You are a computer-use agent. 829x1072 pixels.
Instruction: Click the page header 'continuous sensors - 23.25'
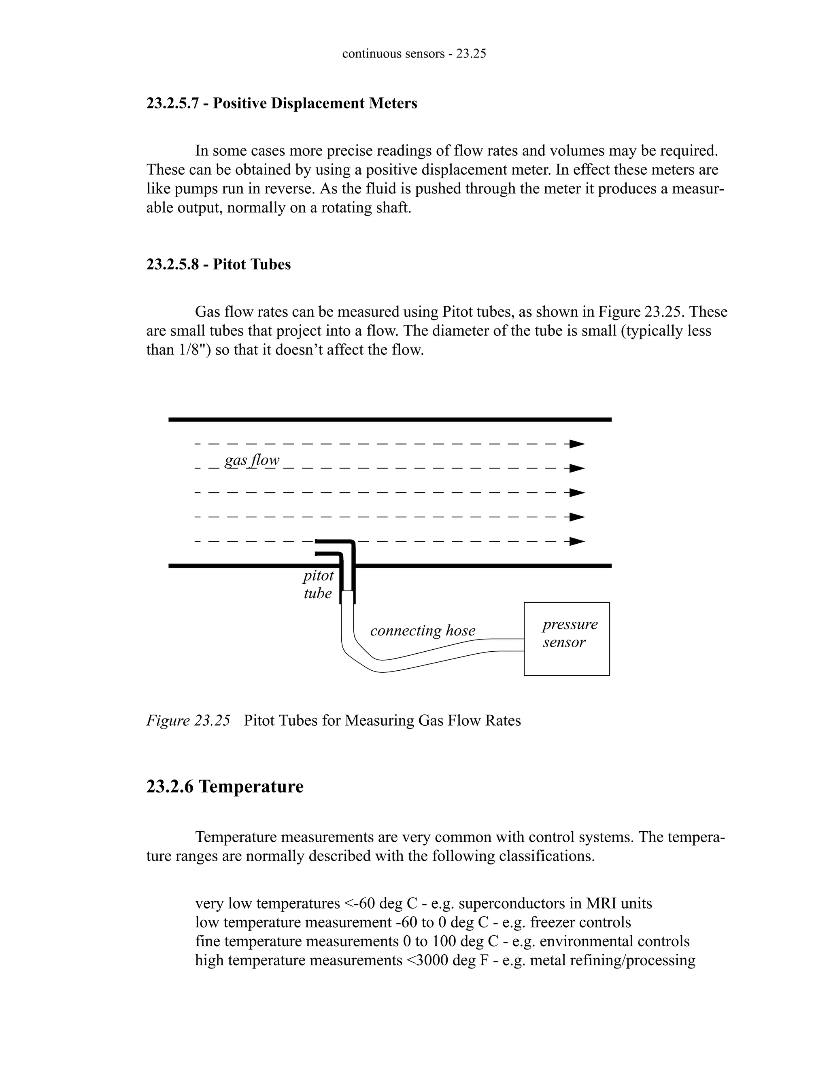[414, 53]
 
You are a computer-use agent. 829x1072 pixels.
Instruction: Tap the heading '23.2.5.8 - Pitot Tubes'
[219, 264]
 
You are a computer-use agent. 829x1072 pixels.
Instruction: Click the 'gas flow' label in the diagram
[252, 460]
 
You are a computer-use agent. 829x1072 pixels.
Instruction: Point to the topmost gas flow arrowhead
[577, 444]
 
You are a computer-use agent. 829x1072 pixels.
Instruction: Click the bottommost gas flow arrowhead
[577, 541]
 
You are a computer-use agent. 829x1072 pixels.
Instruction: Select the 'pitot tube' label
[318, 584]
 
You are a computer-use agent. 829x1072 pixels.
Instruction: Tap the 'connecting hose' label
[422, 630]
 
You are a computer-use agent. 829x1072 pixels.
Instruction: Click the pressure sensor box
[567, 639]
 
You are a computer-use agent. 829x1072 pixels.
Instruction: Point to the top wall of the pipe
[389, 419]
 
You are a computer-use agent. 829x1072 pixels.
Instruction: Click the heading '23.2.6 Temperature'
[225, 786]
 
